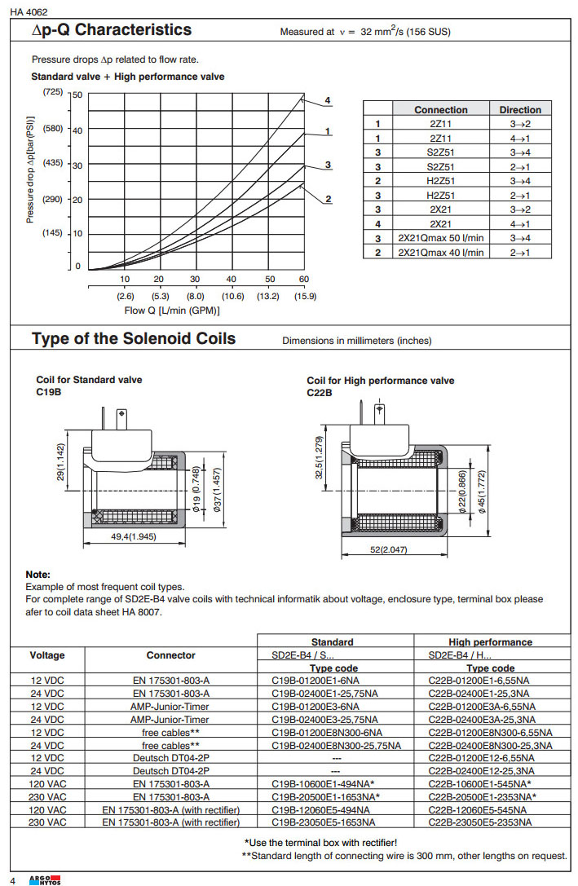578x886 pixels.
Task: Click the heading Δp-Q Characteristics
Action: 111,30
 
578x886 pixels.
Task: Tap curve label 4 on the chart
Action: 327,100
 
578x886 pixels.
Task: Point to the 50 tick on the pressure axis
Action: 77,95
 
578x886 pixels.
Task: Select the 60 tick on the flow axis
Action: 304,279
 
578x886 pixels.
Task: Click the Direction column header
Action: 520,109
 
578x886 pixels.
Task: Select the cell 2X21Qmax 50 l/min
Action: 440,238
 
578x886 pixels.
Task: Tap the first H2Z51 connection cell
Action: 440,180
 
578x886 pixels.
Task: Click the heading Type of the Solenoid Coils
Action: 134,339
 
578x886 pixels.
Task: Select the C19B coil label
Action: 49,391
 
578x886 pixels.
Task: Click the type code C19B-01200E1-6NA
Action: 315,679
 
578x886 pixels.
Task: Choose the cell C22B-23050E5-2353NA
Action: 481,822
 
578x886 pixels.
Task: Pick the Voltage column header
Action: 47,655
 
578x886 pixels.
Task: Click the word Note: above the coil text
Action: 38,575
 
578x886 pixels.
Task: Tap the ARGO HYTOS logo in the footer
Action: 45,879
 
